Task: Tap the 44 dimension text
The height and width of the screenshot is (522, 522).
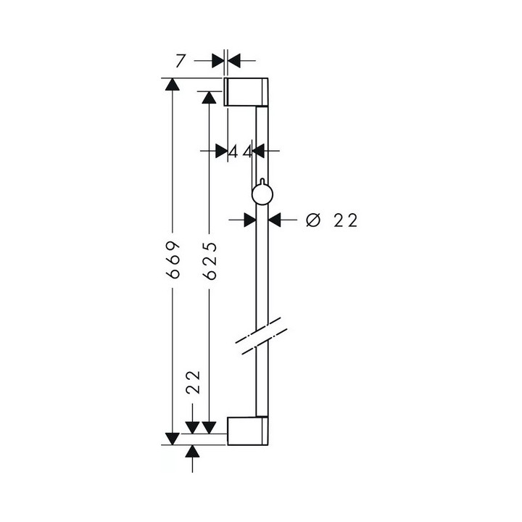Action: (x=240, y=152)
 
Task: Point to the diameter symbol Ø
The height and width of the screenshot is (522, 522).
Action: (x=312, y=220)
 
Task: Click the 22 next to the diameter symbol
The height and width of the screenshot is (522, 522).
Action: (x=346, y=220)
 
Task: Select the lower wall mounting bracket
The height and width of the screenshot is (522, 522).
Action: (x=249, y=431)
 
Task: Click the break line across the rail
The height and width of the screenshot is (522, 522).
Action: (x=258, y=335)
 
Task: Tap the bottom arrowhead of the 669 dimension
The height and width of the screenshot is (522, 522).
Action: (x=172, y=436)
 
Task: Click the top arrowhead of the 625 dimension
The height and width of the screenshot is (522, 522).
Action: (x=209, y=97)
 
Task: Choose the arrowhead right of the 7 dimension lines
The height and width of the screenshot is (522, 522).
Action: (x=233, y=60)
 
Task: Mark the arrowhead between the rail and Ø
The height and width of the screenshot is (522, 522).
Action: (x=276, y=218)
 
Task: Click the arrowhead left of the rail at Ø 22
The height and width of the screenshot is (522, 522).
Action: (x=249, y=218)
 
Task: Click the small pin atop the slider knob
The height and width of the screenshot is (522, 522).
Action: (x=258, y=181)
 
